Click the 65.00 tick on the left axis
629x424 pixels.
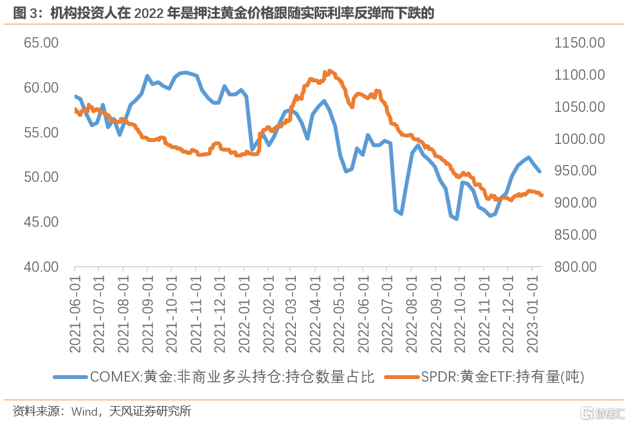coord(41,43)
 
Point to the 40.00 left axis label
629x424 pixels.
coord(41,267)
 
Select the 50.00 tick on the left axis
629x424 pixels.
coord(41,177)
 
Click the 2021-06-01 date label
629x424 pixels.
coord(75,315)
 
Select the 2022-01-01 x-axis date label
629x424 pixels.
coord(244,315)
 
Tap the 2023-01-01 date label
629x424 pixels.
coord(532,315)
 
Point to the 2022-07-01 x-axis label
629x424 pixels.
coord(388,315)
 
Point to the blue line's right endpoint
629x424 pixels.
coord(540,172)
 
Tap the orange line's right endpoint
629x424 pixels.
coord(542,195)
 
